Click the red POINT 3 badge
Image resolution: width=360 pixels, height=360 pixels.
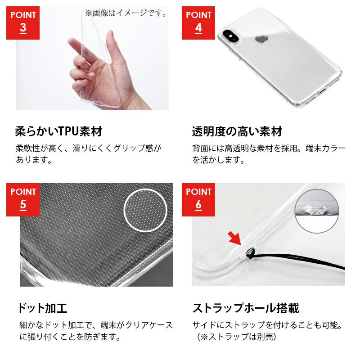[x=23, y=23]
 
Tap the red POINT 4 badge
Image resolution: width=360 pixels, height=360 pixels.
[x=198, y=23]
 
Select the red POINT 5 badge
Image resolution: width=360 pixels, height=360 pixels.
[x=23, y=199]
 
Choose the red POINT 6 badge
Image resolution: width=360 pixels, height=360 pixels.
[x=198, y=199]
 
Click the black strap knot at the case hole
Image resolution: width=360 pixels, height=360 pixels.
[x=249, y=252]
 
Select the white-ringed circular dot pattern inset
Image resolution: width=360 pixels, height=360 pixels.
[x=145, y=210]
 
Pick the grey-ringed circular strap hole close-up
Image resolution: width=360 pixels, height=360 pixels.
[x=317, y=211]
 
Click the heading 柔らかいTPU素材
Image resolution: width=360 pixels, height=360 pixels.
[x=58, y=131]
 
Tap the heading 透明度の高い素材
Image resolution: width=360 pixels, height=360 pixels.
[x=237, y=131]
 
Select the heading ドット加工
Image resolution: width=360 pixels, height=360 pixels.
[x=43, y=308]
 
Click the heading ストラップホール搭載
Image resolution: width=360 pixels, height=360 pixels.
[x=246, y=308]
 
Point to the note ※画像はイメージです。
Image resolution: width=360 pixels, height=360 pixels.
[x=126, y=13]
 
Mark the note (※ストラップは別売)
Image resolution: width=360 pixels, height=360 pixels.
[x=237, y=337]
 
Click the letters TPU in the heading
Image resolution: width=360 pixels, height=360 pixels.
[x=69, y=131]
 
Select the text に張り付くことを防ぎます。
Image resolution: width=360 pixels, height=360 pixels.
[x=70, y=337]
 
